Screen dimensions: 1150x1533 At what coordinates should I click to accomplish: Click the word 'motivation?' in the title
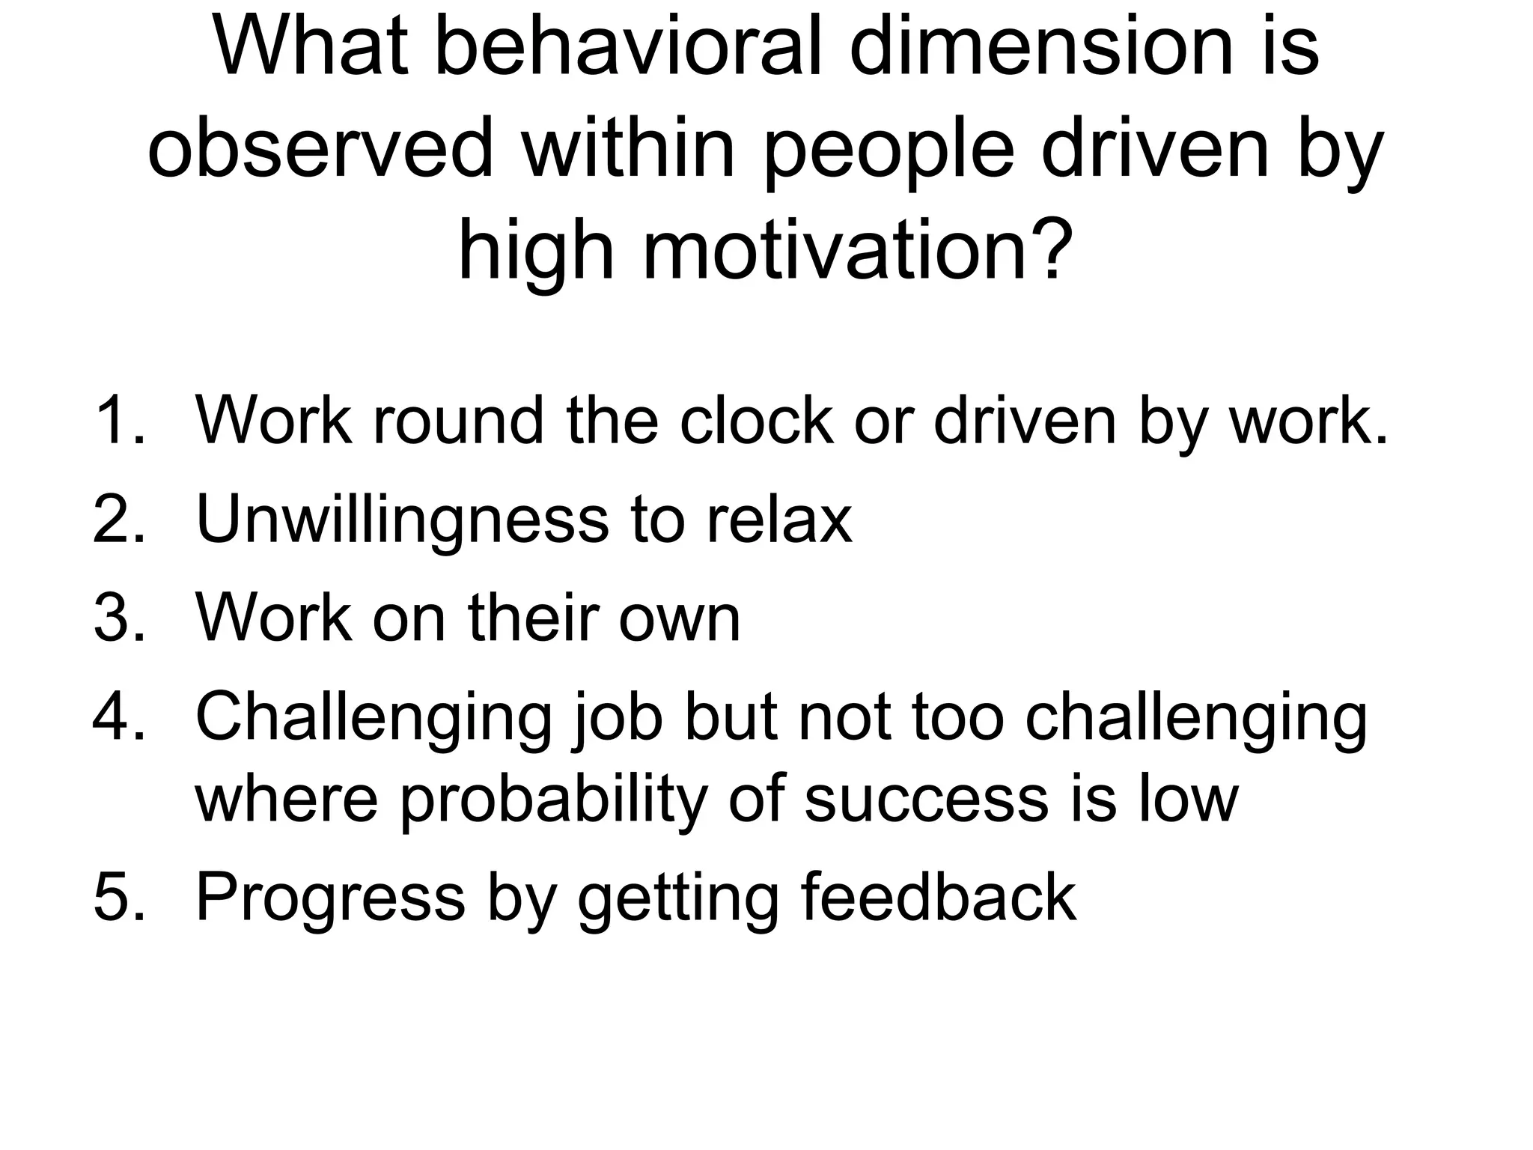click(x=853, y=251)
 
